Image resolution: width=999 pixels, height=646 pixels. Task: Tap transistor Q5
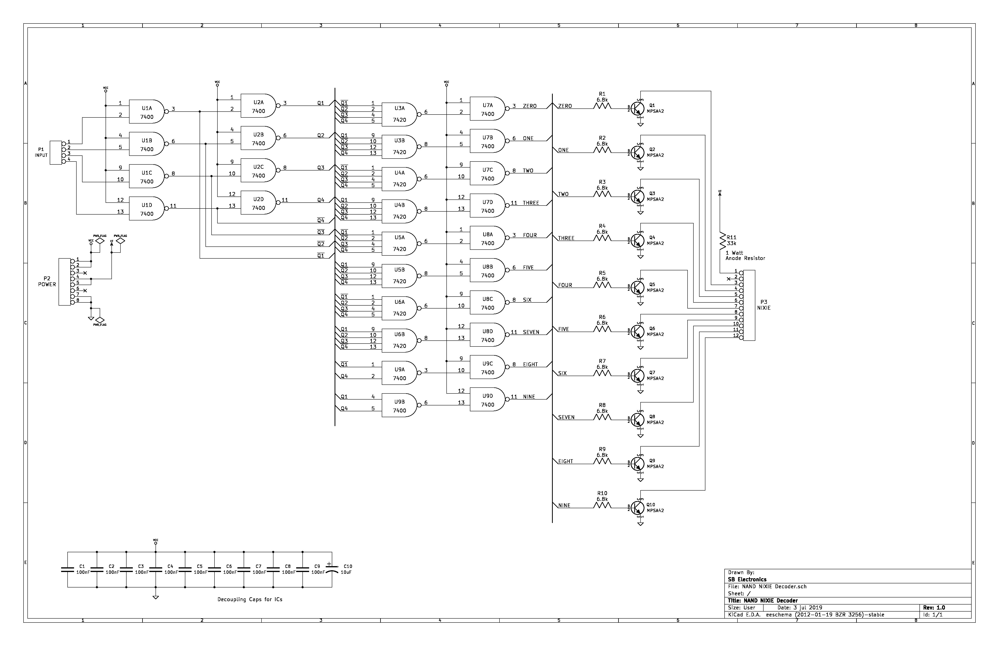(638, 288)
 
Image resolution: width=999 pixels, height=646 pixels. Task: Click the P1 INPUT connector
(55, 153)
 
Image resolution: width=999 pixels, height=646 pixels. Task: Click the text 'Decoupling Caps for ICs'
(250, 599)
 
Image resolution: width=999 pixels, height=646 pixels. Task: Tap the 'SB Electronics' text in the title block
(747, 579)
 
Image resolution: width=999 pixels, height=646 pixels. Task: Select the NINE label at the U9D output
(529, 397)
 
